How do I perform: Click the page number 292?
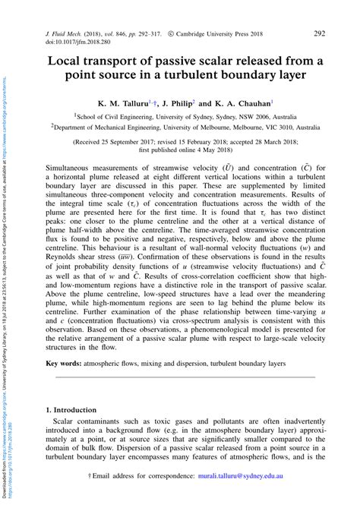click(319, 33)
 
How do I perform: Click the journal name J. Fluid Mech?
click(64, 34)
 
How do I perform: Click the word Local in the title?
click(68, 61)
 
